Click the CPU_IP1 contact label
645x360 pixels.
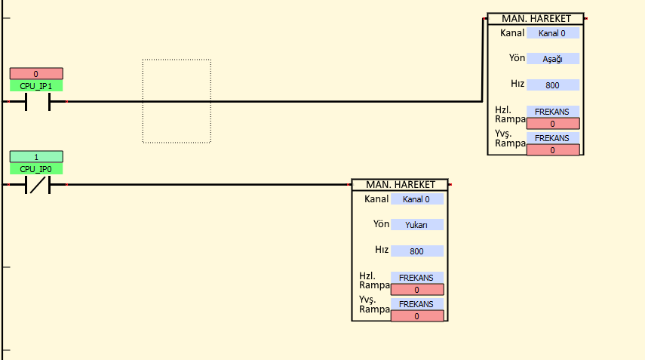pyautogui.click(x=36, y=86)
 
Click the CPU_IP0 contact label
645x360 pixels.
pyautogui.click(x=36, y=169)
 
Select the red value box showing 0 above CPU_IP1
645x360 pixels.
pyautogui.click(x=36, y=74)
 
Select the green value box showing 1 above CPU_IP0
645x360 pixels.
pyautogui.click(x=36, y=157)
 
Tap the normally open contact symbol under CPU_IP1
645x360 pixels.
pyautogui.click(x=38, y=101)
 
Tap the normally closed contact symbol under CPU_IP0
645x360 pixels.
pyautogui.click(x=38, y=184)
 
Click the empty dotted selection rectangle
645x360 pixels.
pyautogui.click(x=177, y=101)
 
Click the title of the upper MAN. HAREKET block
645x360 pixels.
pyautogui.click(x=535, y=19)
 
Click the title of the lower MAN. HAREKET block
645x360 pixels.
pyautogui.click(x=400, y=185)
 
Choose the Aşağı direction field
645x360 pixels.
pyautogui.click(x=553, y=59)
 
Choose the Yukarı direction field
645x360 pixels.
pyautogui.click(x=416, y=225)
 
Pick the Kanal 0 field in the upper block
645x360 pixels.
pyautogui.click(x=553, y=33)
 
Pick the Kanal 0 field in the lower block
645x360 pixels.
pyautogui.click(x=416, y=199)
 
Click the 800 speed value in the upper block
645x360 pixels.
pyautogui.click(x=553, y=85)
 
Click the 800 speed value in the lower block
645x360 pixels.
pyautogui.click(x=416, y=251)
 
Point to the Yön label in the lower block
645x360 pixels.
pyautogui.click(x=381, y=224)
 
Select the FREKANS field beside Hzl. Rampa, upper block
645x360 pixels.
pyautogui.click(x=553, y=112)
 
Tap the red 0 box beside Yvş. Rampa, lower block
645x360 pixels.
pyautogui.click(x=416, y=316)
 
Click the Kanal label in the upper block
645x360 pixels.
pyautogui.click(x=512, y=33)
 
